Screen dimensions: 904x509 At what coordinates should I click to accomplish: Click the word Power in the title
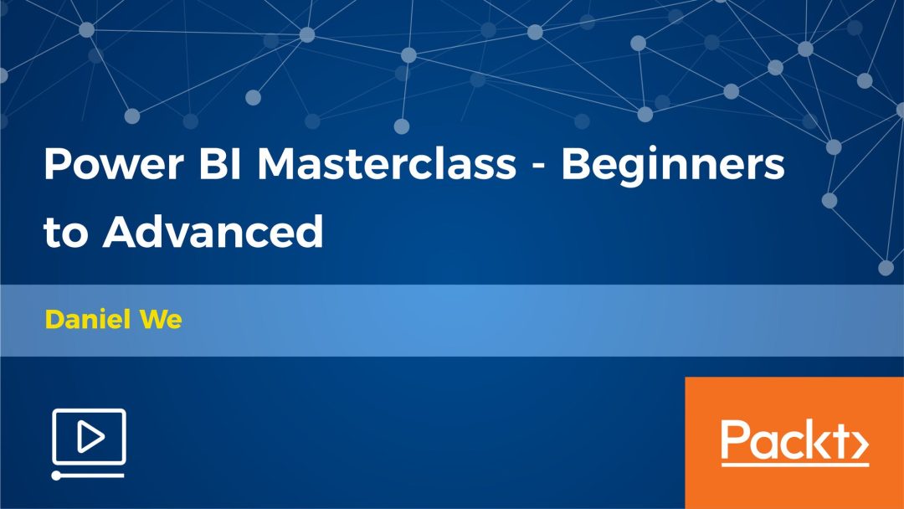coord(114,164)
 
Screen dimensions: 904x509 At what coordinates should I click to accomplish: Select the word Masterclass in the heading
coord(387,164)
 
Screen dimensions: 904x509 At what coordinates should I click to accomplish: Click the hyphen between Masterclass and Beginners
coord(538,167)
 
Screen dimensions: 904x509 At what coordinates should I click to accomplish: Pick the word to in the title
coord(65,232)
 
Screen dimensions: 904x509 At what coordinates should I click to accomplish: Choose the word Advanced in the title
coord(213,231)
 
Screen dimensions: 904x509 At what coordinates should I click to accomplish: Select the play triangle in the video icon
coord(90,436)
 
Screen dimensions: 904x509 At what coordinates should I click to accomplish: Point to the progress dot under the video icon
coord(56,476)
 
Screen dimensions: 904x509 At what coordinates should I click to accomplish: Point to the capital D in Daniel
coord(55,319)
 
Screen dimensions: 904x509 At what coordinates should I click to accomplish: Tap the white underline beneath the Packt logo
coord(794,464)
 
